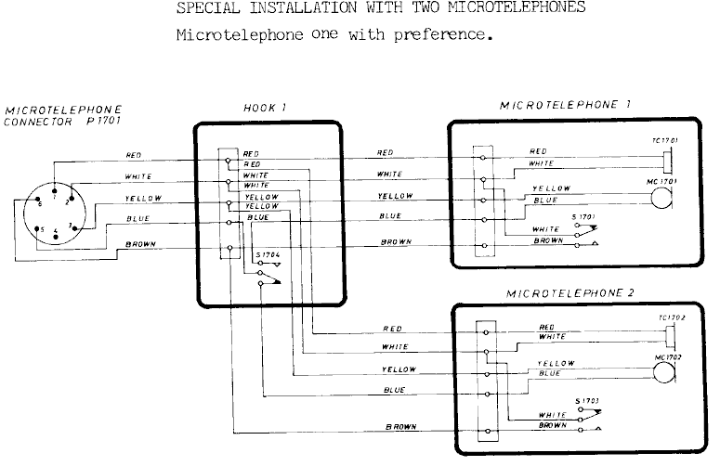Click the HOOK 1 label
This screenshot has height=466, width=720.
click(264, 108)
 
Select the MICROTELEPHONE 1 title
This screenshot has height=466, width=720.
click(565, 105)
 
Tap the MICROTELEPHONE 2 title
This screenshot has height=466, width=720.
click(570, 292)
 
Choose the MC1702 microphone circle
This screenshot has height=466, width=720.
click(664, 371)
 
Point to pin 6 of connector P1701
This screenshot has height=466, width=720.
click(39, 203)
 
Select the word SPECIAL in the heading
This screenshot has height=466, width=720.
click(203, 8)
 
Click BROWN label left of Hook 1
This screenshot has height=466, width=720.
click(139, 244)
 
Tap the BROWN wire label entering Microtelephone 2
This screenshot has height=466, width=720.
click(400, 427)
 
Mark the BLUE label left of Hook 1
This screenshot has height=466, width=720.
click(137, 219)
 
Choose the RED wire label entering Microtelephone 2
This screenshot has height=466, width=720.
click(393, 329)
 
